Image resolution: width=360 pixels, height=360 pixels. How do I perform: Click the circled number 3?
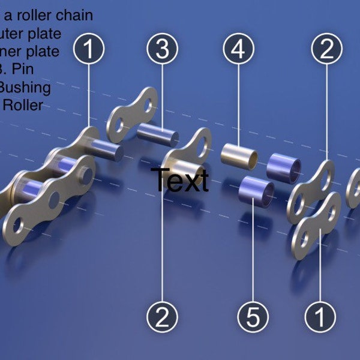coord(163,50)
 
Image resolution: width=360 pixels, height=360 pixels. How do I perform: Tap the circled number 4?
coord(238,50)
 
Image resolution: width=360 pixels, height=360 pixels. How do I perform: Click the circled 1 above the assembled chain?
coord(89,50)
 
